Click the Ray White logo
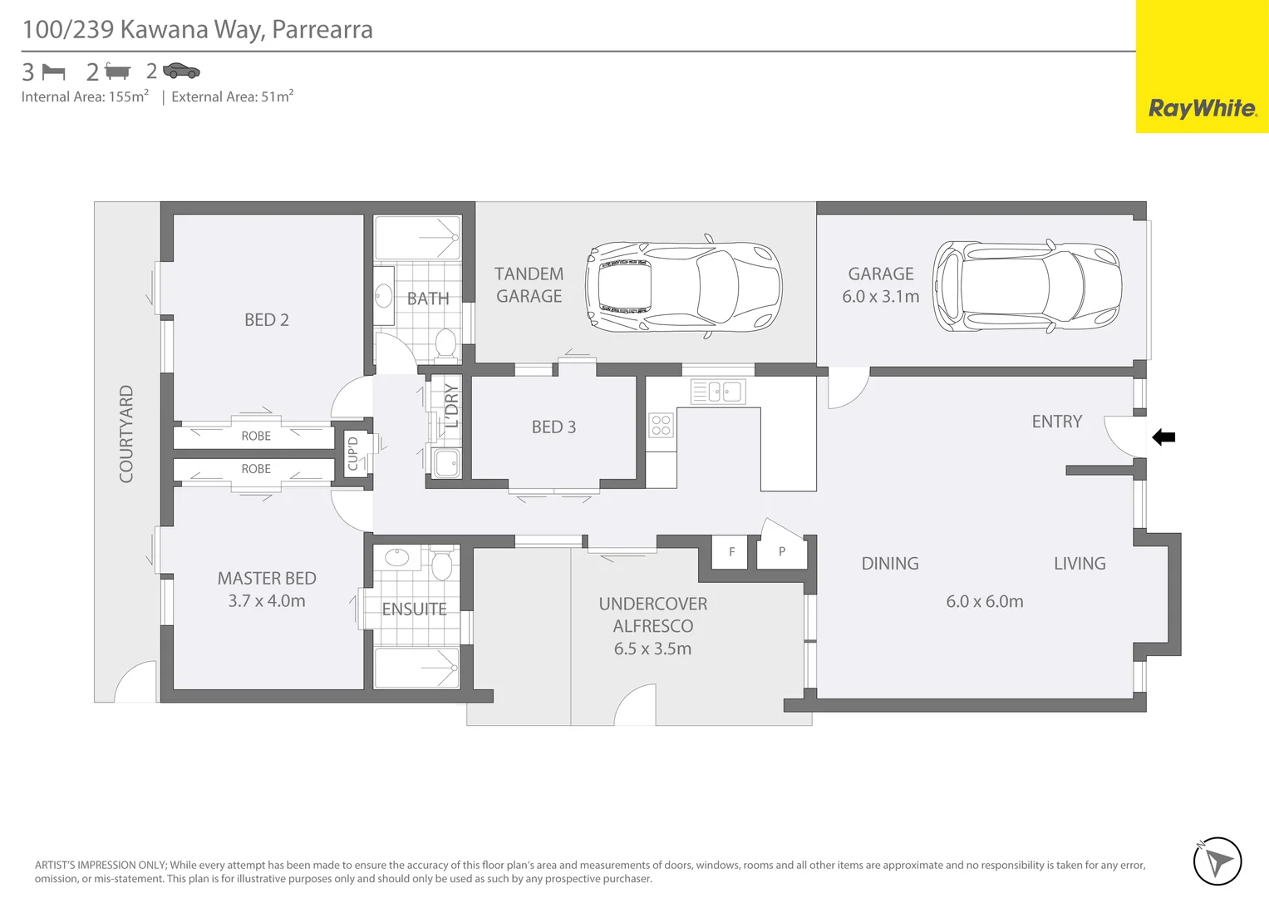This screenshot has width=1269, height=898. pyautogui.click(x=1202, y=108)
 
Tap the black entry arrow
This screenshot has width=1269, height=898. pyautogui.click(x=1163, y=437)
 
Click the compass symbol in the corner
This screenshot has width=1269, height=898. pyautogui.click(x=1217, y=861)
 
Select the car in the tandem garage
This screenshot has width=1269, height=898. pyautogui.click(x=683, y=287)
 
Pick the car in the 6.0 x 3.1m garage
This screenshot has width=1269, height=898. pyautogui.click(x=1027, y=287)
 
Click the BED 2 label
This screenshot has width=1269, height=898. pyautogui.click(x=267, y=320)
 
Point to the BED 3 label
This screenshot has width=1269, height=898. pyautogui.click(x=553, y=427)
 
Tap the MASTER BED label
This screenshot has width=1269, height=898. pyautogui.click(x=267, y=579)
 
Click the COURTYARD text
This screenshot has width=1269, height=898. pyautogui.click(x=126, y=433)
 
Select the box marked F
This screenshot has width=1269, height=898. pyautogui.click(x=731, y=552)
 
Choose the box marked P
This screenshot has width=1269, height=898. pyautogui.click(x=782, y=552)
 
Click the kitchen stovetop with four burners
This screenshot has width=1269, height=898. pyautogui.click(x=662, y=426)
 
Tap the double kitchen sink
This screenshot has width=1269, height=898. pyautogui.click(x=718, y=392)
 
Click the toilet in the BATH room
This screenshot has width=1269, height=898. pyautogui.click(x=446, y=343)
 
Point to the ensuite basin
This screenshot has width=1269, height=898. pyautogui.click(x=397, y=558)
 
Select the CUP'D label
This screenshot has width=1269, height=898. pyautogui.click(x=352, y=454)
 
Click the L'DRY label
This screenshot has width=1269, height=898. pyautogui.click(x=451, y=405)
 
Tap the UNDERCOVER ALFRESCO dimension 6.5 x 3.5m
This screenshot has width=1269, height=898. pyautogui.click(x=652, y=649)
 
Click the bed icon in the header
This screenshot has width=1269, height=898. pyautogui.click(x=53, y=72)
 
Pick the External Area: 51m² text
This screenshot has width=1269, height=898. pyautogui.click(x=232, y=96)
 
